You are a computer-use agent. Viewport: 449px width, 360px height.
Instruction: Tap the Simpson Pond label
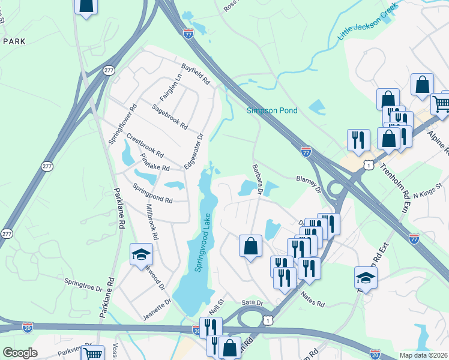coord(272,110)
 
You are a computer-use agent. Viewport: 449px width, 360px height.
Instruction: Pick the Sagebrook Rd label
coord(170,117)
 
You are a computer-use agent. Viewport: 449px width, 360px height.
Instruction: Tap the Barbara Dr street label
coord(258,179)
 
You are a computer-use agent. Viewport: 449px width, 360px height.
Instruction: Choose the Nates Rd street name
coord(312,299)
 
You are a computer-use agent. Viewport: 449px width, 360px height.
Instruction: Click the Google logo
coord(20,353)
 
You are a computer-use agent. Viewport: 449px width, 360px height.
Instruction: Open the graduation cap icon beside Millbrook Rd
coord(142,254)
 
